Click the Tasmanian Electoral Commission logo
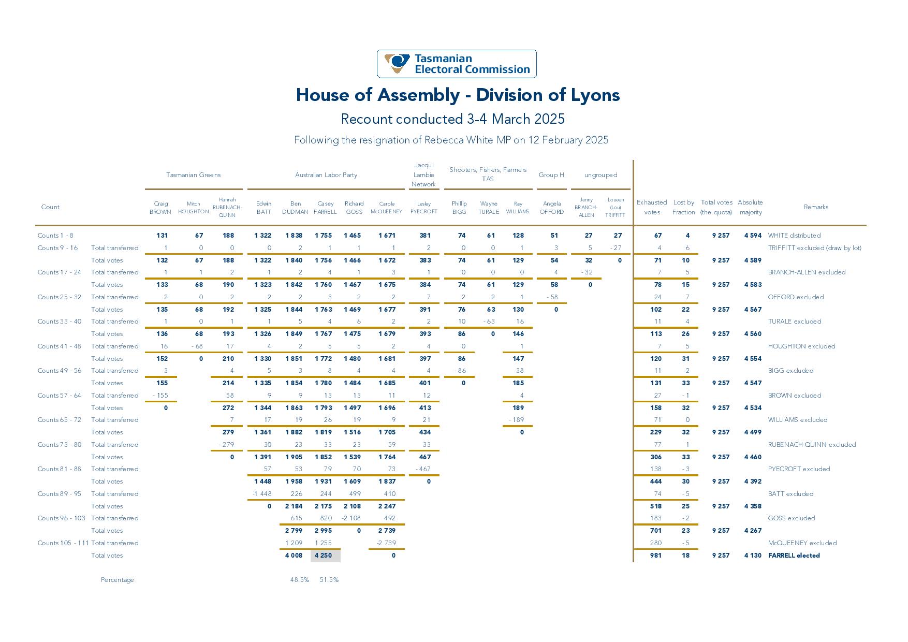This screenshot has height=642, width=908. click(457, 64)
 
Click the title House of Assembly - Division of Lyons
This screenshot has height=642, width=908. click(458, 95)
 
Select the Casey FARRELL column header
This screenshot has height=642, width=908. click(326, 208)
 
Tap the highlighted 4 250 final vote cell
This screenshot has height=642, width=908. click(326, 556)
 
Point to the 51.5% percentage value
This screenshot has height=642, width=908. click(329, 580)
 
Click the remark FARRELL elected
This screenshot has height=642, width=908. click(794, 556)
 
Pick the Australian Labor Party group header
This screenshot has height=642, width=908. click(326, 175)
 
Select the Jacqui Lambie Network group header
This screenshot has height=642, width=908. click(424, 175)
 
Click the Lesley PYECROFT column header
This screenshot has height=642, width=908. click(424, 208)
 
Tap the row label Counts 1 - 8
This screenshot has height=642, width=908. click(55, 236)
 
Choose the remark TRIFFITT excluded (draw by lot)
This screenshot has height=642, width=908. click(814, 248)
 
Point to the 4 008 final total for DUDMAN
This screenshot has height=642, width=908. click(294, 556)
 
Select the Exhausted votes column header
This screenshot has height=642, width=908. click(652, 208)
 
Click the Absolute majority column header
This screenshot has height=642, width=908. click(750, 208)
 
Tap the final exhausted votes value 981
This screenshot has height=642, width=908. click(656, 556)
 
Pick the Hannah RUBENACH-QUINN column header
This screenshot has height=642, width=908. click(227, 208)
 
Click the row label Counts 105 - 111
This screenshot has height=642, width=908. click(63, 543)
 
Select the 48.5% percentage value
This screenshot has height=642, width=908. click(300, 580)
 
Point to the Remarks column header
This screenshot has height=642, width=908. click(816, 207)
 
